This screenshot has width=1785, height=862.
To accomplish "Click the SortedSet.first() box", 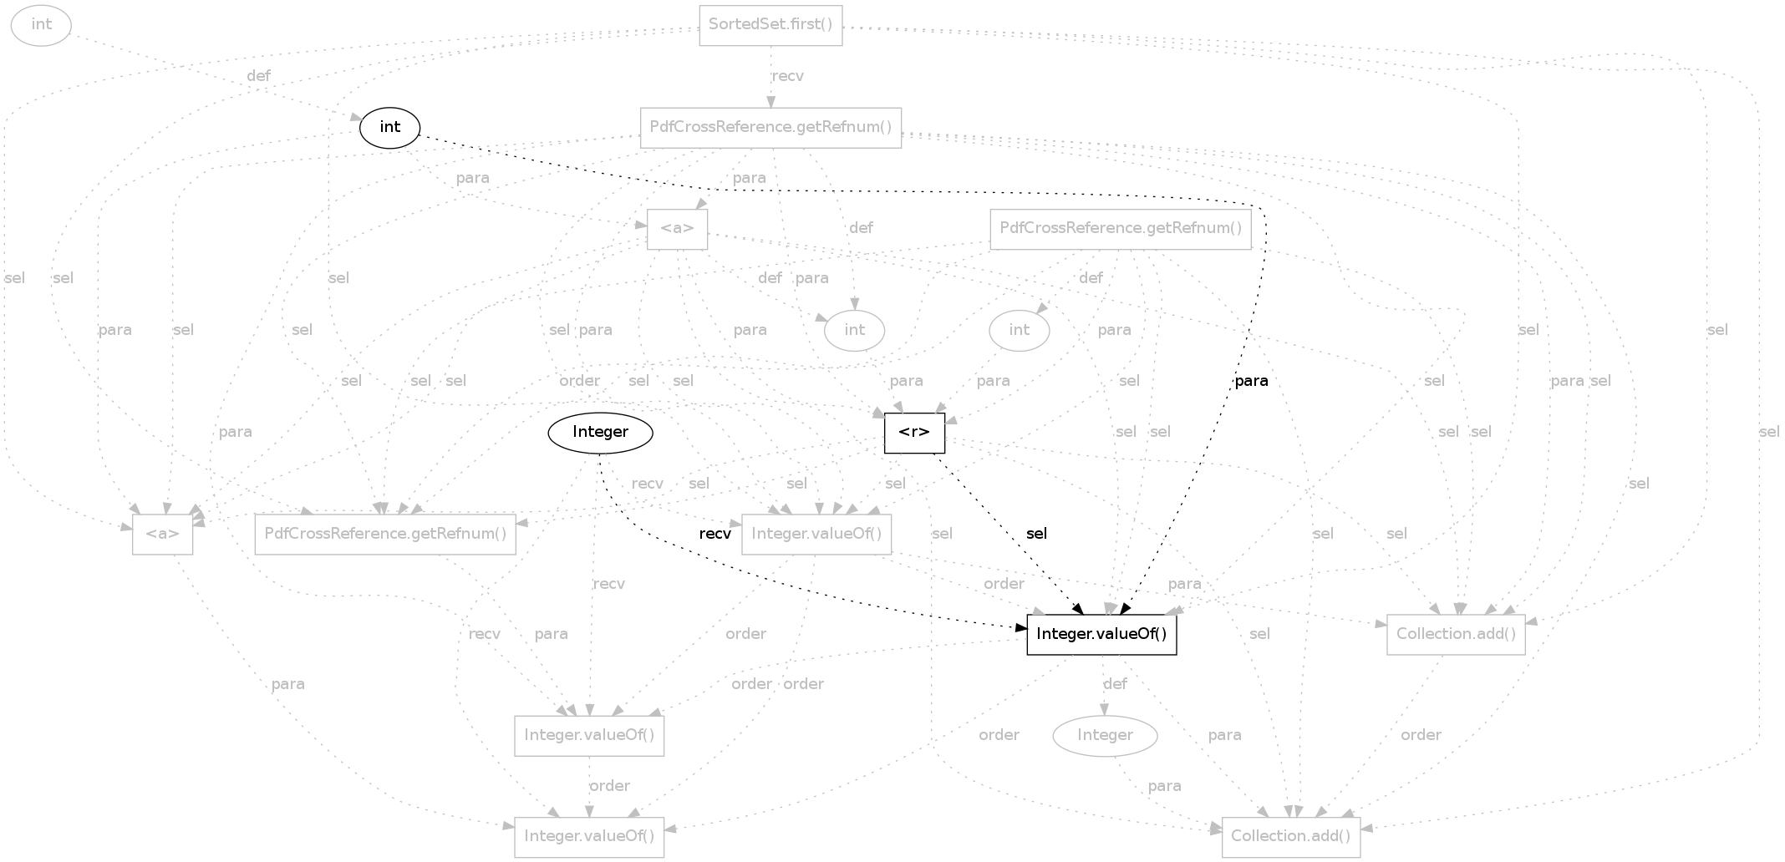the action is tap(770, 25).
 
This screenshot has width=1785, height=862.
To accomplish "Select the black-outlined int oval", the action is tap(389, 128).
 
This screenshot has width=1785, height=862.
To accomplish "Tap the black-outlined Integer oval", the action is tap(600, 433).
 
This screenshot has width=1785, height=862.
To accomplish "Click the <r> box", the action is tap(914, 434).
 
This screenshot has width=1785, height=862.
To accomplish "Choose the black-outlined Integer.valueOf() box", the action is tap(1101, 635).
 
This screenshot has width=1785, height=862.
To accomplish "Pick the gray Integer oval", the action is tap(1105, 736).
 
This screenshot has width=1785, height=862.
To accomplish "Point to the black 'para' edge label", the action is tap(1251, 381).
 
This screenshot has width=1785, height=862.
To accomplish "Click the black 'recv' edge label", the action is tap(715, 534).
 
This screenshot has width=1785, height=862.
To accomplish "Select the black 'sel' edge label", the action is tap(1036, 534).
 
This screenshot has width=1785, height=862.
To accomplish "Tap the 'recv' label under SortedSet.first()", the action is tap(788, 76).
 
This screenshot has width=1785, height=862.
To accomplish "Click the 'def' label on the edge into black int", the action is tap(259, 76).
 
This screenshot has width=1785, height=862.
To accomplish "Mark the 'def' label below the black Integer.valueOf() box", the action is tap(1116, 684).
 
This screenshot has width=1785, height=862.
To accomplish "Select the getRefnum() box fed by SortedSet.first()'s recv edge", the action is tap(770, 128).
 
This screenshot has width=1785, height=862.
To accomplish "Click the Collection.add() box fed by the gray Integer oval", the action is tap(1291, 837).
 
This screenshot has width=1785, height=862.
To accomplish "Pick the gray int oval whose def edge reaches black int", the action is tap(41, 25).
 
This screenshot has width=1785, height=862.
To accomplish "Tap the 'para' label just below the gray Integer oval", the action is tap(1165, 786).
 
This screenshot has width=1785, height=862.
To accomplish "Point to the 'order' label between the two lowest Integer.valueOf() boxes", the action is tap(609, 786).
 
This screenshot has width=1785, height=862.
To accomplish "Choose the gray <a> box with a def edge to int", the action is tap(677, 229).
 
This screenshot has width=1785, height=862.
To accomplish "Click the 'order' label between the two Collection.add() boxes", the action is tap(1421, 735).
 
